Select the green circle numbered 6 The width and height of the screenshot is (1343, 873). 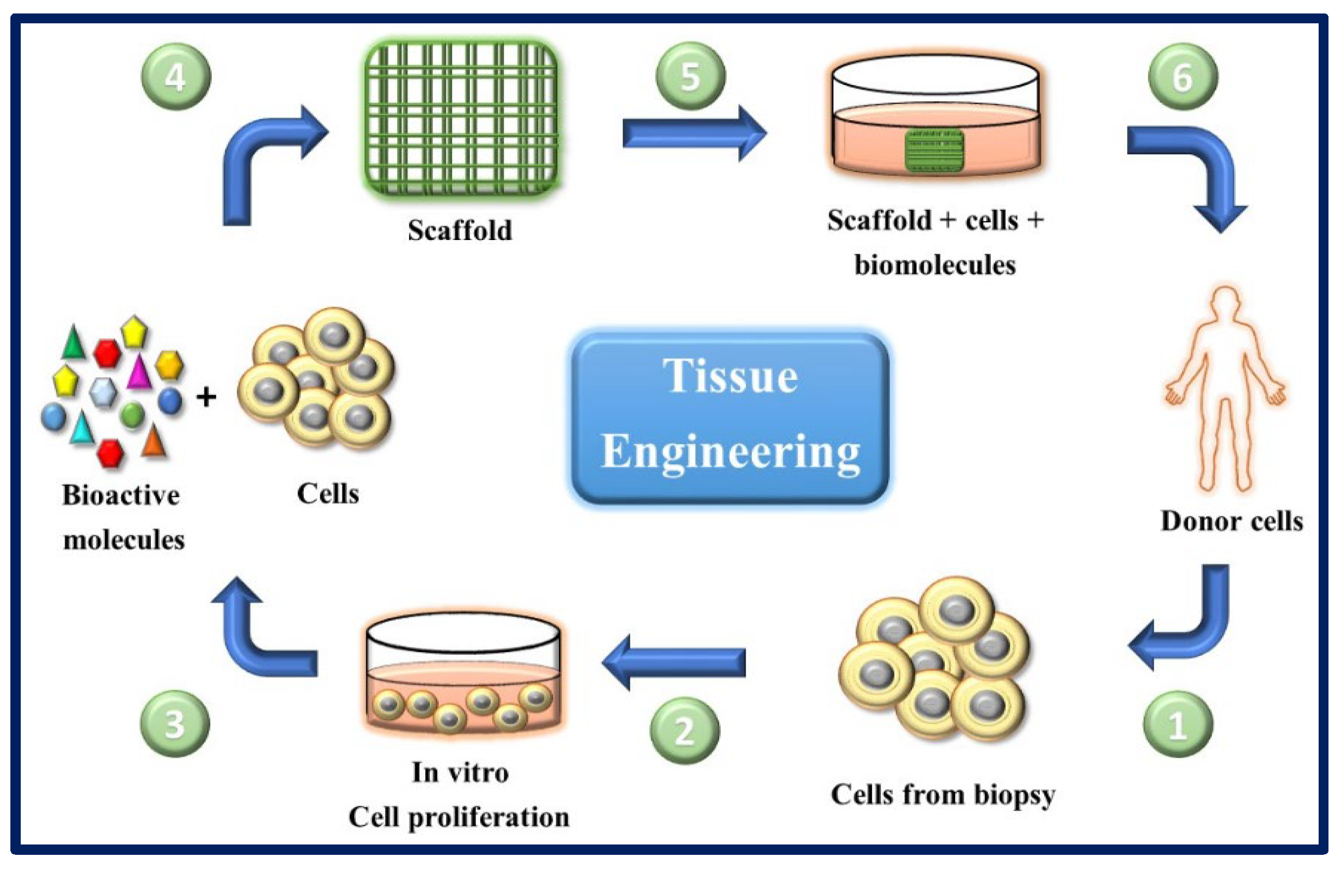[1183, 77]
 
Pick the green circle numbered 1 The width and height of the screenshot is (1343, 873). [1177, 725]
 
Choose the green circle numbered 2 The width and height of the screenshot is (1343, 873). [684, 731]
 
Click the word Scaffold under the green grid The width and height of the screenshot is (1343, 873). [460, 230]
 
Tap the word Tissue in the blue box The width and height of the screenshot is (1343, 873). [730, 376]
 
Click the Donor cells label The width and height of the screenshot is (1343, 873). [1232, 521]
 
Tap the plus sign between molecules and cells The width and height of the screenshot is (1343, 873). [206, 397]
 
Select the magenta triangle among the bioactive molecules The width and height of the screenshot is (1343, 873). [139, 372]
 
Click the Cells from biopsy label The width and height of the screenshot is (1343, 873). [942, 795]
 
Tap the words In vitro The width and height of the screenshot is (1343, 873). [460, 772]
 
